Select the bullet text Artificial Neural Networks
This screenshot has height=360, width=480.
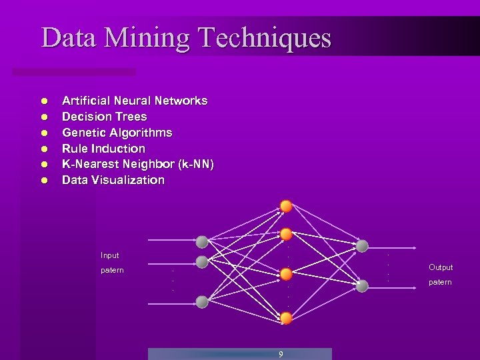tap(135, 101)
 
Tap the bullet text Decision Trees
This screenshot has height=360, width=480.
tap(104, 117)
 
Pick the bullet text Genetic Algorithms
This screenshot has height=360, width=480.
tap(117, 133)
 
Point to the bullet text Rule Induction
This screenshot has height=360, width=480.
tap(103, 149)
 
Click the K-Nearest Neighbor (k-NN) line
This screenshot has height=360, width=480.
tap(138, 164)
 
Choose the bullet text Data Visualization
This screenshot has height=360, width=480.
tap(113, 180)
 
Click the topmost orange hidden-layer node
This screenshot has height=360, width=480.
tap(286, 206)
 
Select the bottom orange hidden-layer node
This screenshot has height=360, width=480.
tap(286, 318)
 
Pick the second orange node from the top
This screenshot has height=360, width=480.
tap(286, 234)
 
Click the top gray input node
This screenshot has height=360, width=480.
tap(202, 241)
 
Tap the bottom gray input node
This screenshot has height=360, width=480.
tap(202, 301)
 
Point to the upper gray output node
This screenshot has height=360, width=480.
tap(362, 246)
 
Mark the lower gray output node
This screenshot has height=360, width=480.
tap(362, 286)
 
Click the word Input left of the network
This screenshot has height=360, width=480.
tap(110, 255)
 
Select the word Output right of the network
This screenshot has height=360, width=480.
tap(441, 267)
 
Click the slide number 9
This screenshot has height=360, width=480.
tap(281, 354)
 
